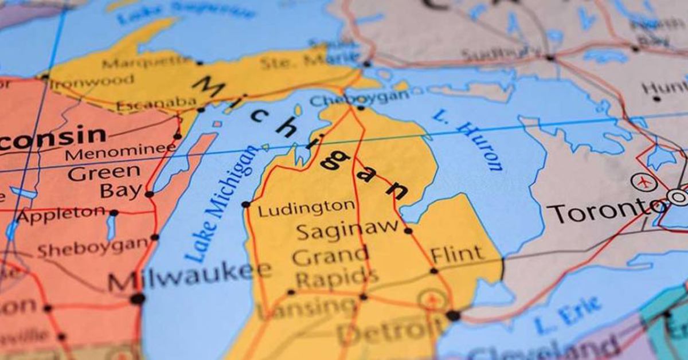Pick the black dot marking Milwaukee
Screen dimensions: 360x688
[x=137, y=299]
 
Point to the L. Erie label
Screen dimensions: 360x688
[x=568, y=315]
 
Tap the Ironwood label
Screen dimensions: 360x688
[x=92, y=83]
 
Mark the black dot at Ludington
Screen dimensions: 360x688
[x=246, y=204]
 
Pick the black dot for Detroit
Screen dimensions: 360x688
[x=453, y=315]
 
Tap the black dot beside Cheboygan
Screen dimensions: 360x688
[x=361, y=108]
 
